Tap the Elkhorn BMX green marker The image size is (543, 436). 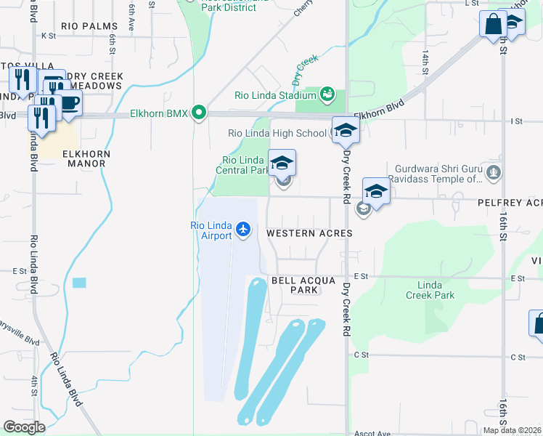[197, 113]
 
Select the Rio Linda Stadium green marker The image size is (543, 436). [327, 94]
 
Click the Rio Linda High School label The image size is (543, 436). [277, 133]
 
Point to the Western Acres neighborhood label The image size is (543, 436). [309, 234]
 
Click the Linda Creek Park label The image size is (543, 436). [430, 290]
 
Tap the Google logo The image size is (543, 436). [24, 427]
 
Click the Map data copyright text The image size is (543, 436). [513, 430]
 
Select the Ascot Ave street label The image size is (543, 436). [372, 433]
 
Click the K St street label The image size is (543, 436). [49, 35]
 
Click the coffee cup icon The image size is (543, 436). [69, 103]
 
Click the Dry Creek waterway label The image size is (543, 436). [306, 70]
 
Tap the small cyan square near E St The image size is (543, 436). [78, 283]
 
